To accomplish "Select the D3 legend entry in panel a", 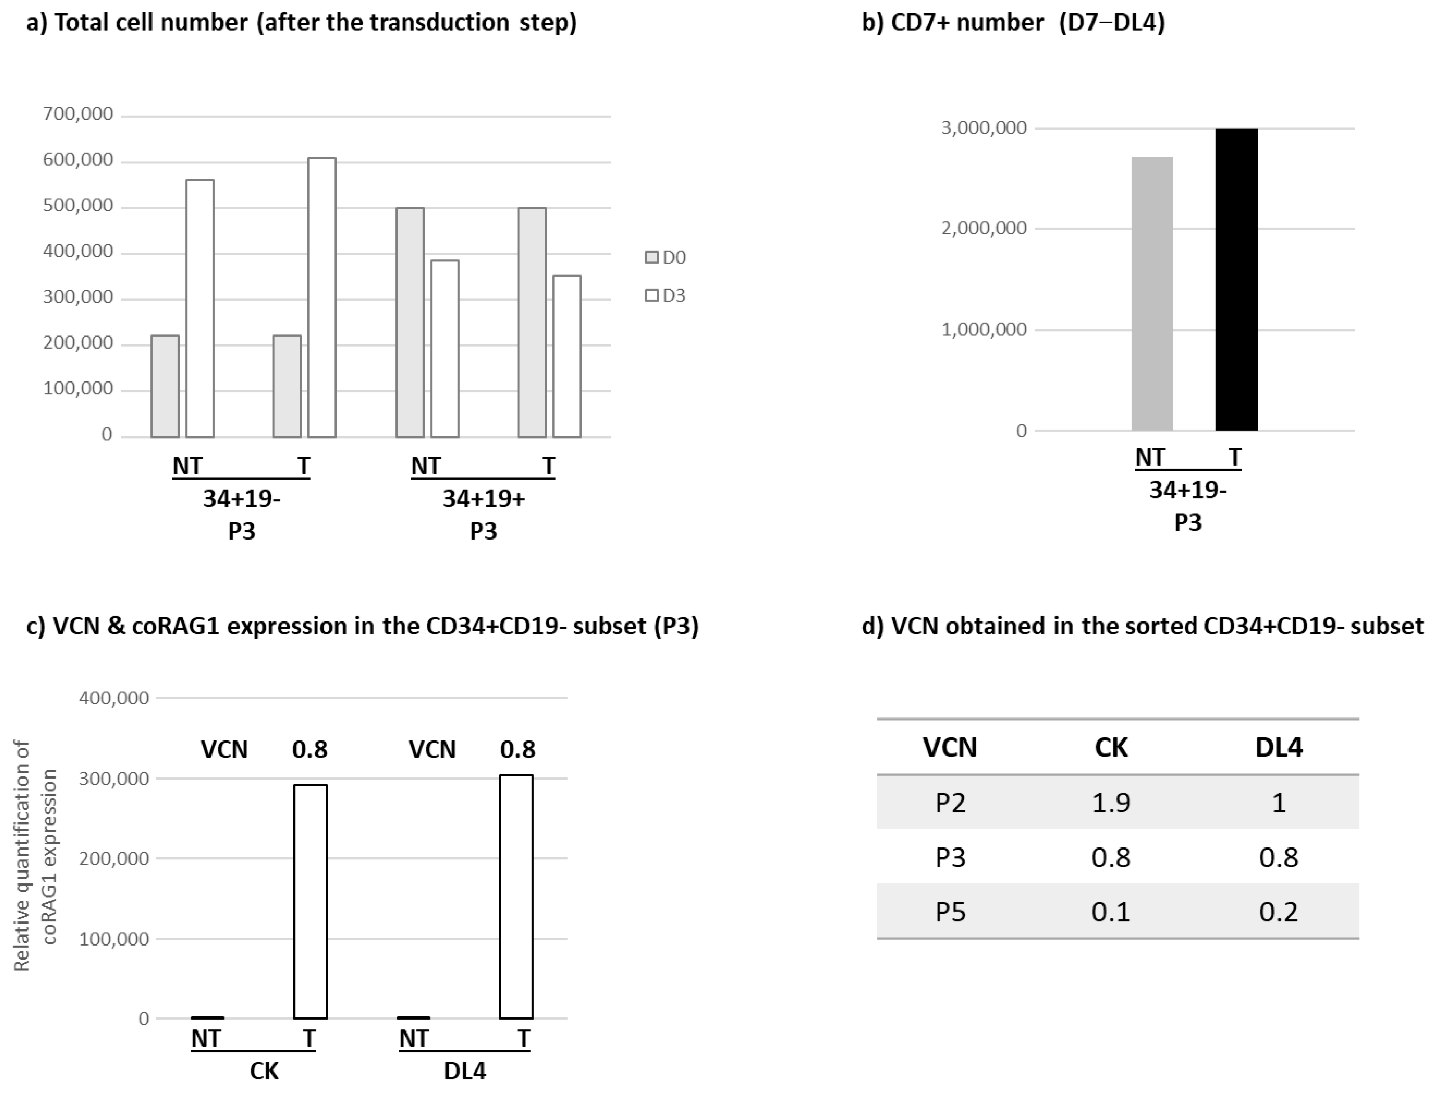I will [x=666, y=296].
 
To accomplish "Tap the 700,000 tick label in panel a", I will [x=77, y=114].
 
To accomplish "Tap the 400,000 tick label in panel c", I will [x=114, y=698].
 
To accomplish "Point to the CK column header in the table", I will [x=1111, y=747].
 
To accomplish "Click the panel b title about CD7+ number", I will [x=1013, y=22].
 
